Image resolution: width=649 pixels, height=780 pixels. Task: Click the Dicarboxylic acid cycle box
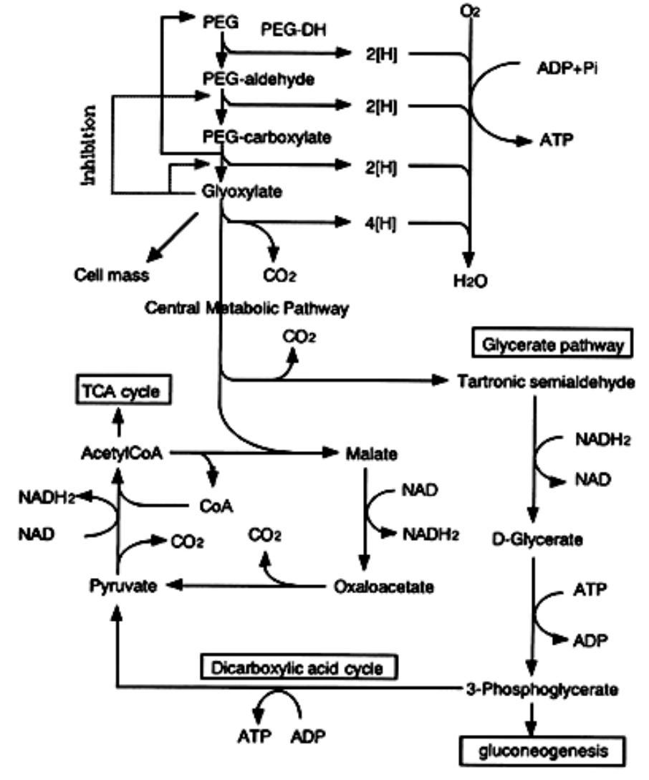[x=294, y=668]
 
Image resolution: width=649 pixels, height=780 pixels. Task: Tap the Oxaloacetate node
[x=384, y=587]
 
